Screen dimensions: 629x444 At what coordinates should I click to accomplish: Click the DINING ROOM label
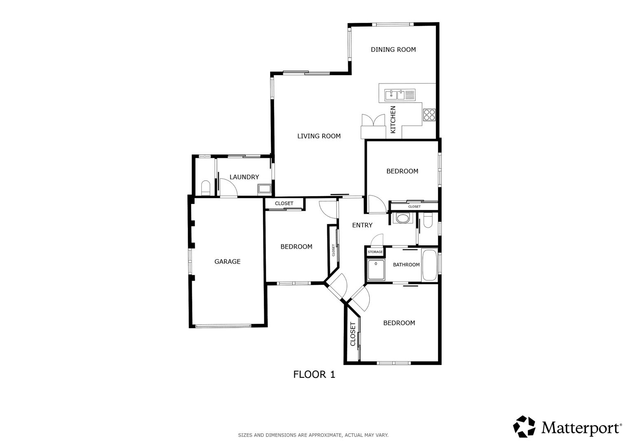[393, 50]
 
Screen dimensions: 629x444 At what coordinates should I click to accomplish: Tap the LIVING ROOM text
[319, 136]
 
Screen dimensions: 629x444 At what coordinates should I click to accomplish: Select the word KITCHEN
[393, 120]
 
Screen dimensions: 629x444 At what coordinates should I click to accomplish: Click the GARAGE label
[228, 262]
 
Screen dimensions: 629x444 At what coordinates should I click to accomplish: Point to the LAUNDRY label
[244, 177]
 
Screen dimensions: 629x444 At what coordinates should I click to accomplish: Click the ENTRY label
[362, 225]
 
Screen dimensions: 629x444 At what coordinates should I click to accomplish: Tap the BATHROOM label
[406, 265]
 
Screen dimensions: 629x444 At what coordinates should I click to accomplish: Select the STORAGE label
[375, 252]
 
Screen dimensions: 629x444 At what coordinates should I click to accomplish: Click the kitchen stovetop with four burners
[429, 115]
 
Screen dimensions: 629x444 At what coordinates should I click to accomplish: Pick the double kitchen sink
[400, 95]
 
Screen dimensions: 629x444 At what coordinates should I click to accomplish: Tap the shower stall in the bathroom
[376, 270]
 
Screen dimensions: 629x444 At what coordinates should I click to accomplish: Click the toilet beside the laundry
[206, 188]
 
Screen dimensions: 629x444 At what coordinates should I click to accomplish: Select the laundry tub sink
[265, 189]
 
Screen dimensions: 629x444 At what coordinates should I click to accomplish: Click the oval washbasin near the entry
[403, 218]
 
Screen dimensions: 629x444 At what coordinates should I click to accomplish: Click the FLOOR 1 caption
[314, 375]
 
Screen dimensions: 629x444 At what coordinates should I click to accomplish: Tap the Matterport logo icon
[524, 427]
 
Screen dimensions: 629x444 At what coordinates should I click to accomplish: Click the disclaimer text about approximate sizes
[313, 435]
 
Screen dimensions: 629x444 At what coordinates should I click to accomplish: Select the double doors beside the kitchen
[373, 120]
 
